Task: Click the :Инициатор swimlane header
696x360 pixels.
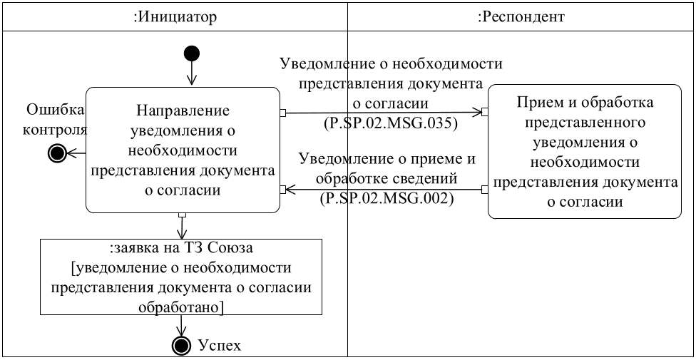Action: [175, 17]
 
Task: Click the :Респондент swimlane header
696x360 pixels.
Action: [521, 17]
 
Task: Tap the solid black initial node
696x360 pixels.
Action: [191, 53]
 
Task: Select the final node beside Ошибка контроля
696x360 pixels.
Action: [56, 152]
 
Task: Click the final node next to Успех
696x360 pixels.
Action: [182, 346]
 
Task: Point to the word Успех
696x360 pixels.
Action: [220, 346]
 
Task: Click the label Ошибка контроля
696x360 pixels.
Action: [56, 120]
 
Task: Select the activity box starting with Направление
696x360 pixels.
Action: [183, 150]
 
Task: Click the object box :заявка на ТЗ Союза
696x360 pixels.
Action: [181, 277]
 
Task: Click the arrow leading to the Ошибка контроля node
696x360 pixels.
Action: [76, 152]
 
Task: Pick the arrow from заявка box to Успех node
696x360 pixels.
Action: [182, 326]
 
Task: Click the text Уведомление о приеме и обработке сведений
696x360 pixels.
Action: [387, 166]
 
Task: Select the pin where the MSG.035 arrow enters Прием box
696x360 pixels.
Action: [485, 112]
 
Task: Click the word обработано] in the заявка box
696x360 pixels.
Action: [181, 307]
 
